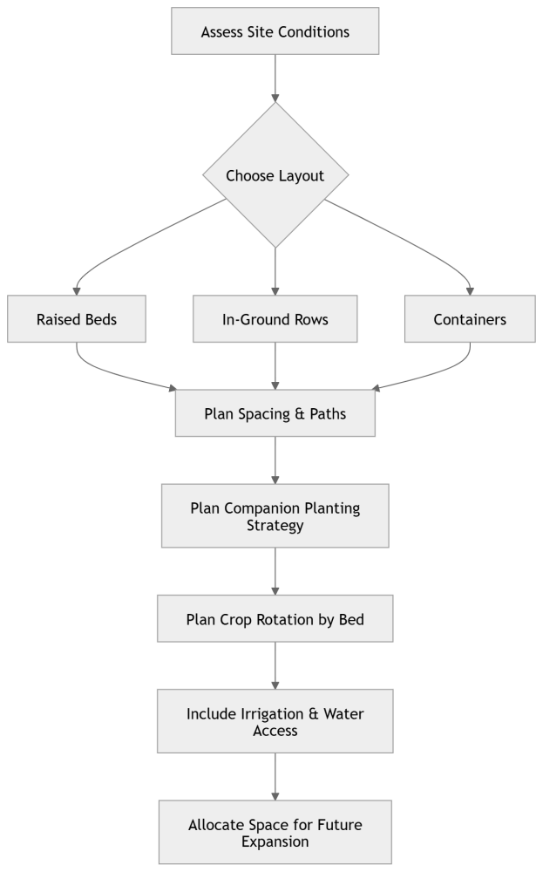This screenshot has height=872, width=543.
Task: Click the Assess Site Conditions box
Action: coord(275,32)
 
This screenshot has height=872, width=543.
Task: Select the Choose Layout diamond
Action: coord(275,175)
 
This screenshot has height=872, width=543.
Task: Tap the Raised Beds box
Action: coord(77,319)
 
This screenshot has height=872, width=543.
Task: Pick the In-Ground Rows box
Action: coord(275,319)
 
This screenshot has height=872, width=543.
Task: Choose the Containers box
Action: coord(470,319)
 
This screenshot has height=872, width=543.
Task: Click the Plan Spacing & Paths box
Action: coord(275,413)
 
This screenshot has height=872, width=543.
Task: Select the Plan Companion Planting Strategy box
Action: coord(275,516)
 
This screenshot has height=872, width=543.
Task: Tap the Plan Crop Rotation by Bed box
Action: coord(275,620)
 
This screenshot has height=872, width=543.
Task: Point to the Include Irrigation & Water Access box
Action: coord(275,721)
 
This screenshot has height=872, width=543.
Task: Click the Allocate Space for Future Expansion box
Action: coord(275,832)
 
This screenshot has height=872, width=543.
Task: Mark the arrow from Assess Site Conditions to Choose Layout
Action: coord(275,78)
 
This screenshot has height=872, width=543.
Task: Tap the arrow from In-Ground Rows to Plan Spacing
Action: coord(275,366)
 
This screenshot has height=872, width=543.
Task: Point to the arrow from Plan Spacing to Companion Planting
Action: coord(275,460)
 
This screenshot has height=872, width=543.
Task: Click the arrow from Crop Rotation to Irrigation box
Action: coord(275,665)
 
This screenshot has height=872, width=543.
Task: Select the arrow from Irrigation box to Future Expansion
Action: coord(275,776)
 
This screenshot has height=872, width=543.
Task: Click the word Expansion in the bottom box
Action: coord(275,841)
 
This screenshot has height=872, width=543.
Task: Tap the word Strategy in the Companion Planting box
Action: coord(275,526)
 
